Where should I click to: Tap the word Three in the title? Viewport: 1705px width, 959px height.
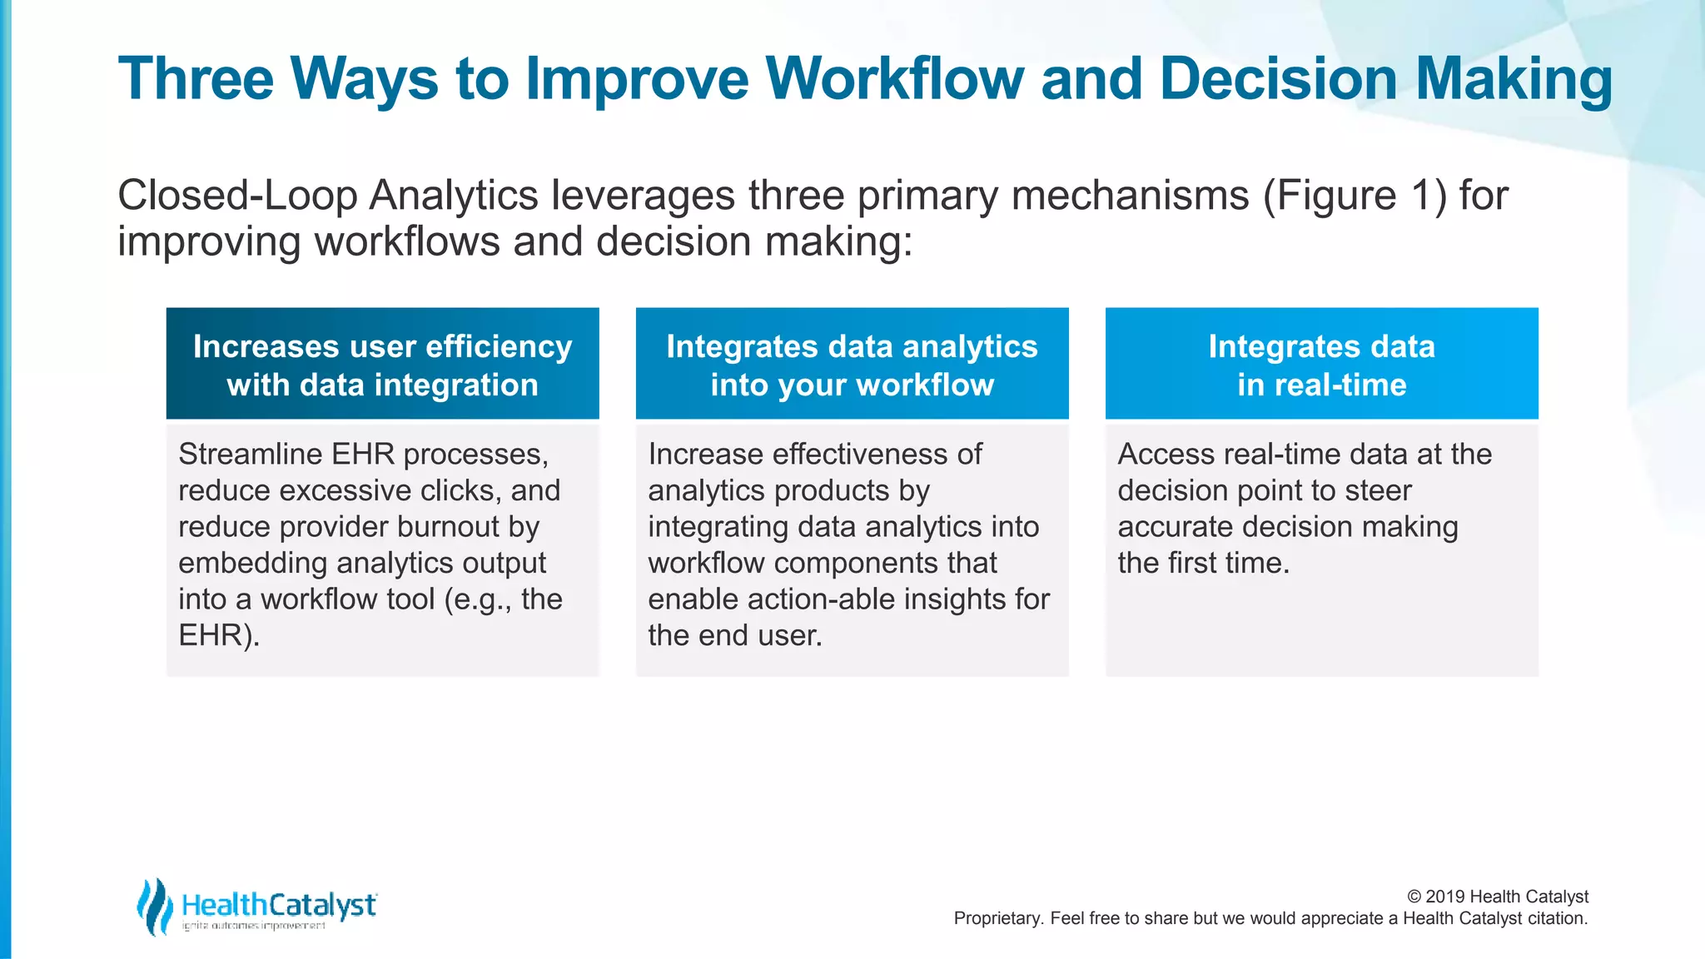196,79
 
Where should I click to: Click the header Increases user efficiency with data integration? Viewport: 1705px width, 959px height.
382,365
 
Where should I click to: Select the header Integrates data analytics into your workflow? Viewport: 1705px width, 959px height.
852,365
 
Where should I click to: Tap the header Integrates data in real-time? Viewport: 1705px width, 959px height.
1321,365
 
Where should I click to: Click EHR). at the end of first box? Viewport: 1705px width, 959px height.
218,636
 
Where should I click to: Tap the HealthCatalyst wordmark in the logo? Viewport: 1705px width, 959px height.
279,905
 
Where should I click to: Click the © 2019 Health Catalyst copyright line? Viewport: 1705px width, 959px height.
1497,897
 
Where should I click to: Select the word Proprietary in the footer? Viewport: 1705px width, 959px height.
996,919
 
